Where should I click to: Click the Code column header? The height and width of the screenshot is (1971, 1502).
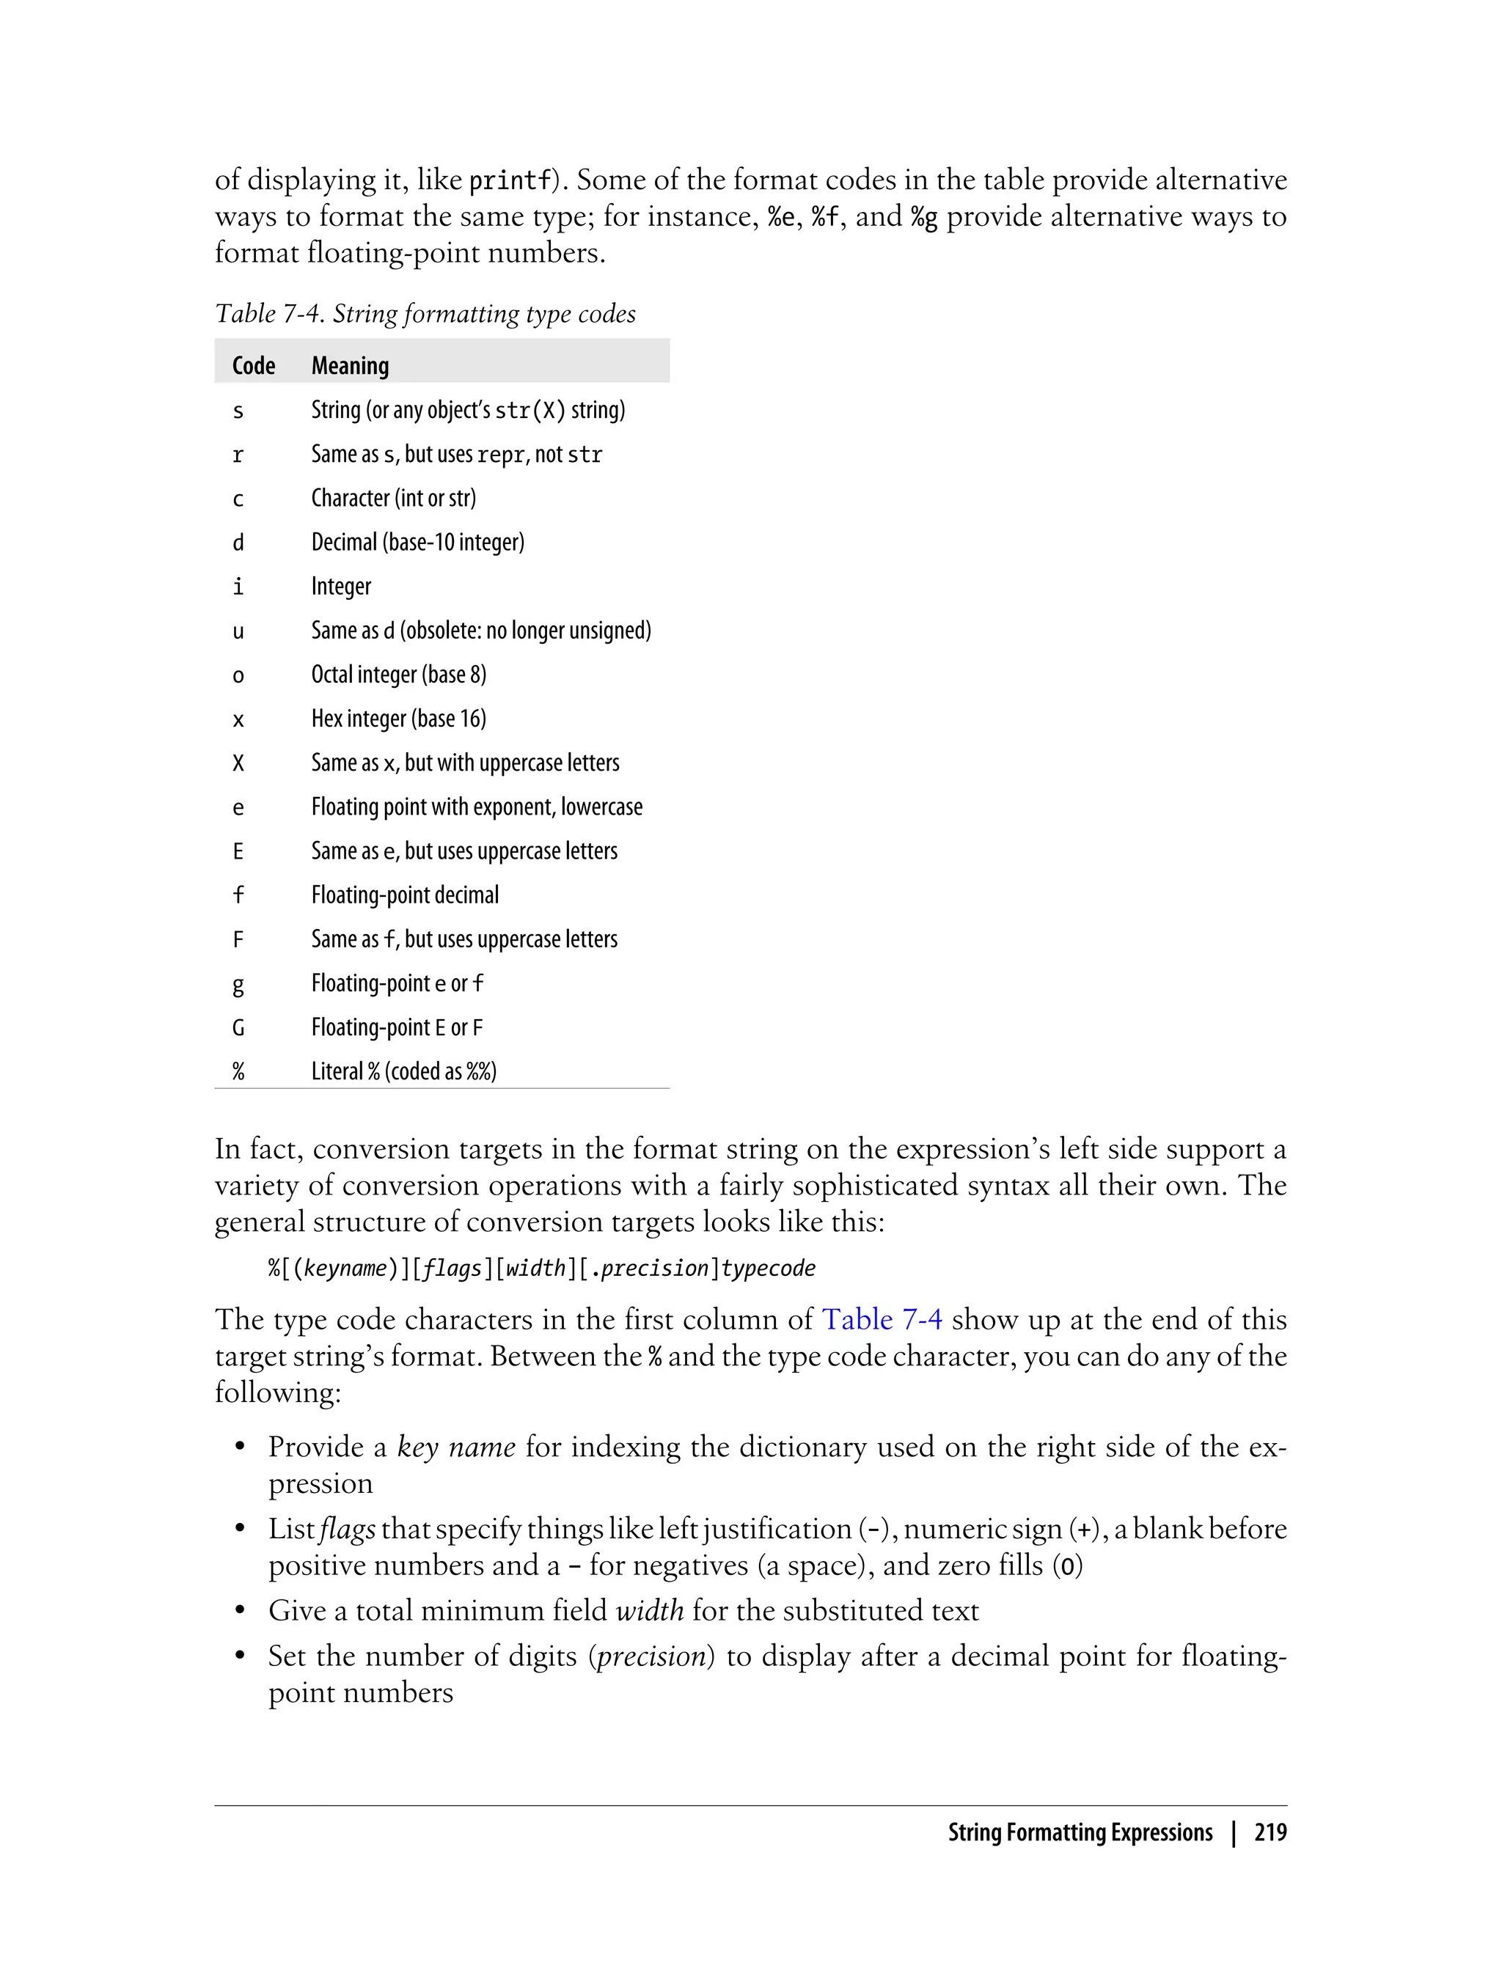point(253,366)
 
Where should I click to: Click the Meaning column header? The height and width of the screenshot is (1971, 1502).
point(350,366)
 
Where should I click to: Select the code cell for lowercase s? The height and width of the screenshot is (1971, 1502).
point(238,411)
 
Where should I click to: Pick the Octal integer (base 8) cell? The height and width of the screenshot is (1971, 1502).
point(399,675)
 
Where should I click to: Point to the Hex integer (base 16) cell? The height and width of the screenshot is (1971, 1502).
point(399,719)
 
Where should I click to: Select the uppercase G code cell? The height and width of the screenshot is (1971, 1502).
point(238,1028)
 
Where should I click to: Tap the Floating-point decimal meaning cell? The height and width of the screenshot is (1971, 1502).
point(405,895)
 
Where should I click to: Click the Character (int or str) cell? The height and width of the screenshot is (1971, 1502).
point(393,498)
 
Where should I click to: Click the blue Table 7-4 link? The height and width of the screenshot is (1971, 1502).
point(882,1319)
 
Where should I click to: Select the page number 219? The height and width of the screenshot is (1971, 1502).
point(1270,1832)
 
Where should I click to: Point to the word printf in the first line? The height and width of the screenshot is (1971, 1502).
point(510,180)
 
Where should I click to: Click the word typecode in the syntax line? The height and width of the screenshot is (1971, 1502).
point(768,1269)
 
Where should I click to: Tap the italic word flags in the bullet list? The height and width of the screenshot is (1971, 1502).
point(348,1529)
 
